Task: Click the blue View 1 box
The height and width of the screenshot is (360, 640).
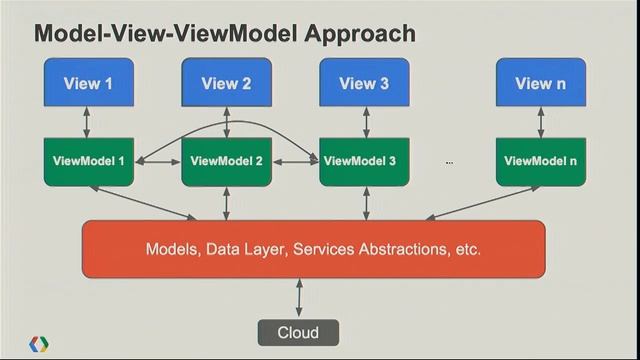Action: click(88, 83)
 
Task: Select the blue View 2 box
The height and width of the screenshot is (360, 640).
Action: click(227, 83)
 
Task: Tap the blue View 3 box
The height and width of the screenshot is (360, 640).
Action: click(365, 83)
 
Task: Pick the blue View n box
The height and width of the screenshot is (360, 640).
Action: click(541, 83)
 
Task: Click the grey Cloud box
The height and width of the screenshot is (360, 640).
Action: click(298, 332)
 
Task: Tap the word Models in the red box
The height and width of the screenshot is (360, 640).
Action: click(172, 248)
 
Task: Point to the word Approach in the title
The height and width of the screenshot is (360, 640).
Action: click(351, 33)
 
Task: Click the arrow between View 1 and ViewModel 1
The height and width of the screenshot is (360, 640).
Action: click(88, 122)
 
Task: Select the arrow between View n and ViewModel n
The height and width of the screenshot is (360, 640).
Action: click(541, 122)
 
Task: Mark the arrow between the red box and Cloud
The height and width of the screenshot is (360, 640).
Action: click(298, 296)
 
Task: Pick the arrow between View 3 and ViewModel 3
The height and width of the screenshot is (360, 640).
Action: click(365, 122)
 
